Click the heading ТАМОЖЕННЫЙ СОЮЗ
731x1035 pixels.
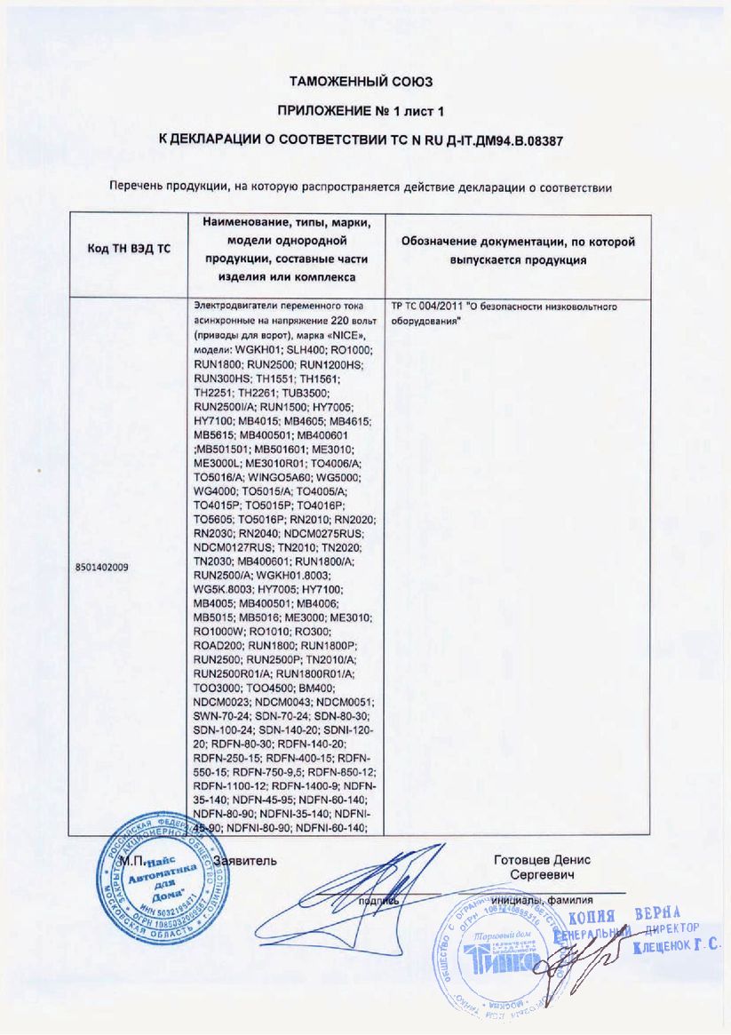coord(361,82)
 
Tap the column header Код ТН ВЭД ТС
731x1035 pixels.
coord(128,249)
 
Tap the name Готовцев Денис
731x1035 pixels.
coord(542,860)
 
